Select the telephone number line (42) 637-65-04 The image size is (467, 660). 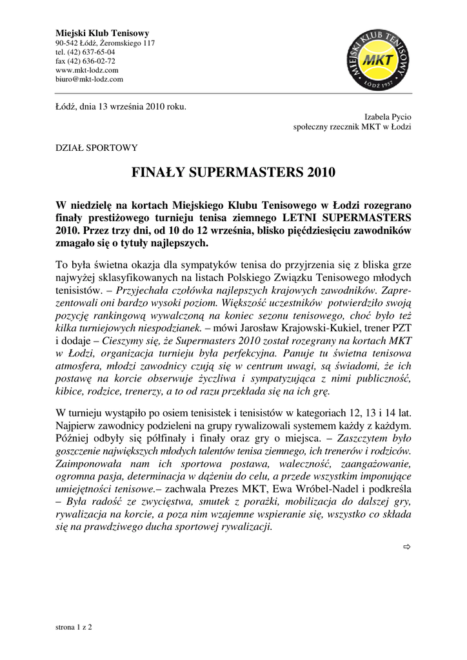[85, 52]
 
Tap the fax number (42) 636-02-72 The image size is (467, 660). [85, 61]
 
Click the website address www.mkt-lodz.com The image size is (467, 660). [87, 70]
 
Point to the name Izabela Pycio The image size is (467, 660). [388, 117]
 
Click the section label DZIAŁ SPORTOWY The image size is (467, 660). [97, 148]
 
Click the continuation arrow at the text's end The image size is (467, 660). [406, 547]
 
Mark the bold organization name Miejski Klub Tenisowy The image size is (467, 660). [103, 33]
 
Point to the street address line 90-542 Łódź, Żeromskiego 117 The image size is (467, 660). [105, 43]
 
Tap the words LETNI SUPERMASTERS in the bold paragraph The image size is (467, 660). [352, 217]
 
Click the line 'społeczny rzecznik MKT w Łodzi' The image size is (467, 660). [352, 127]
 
